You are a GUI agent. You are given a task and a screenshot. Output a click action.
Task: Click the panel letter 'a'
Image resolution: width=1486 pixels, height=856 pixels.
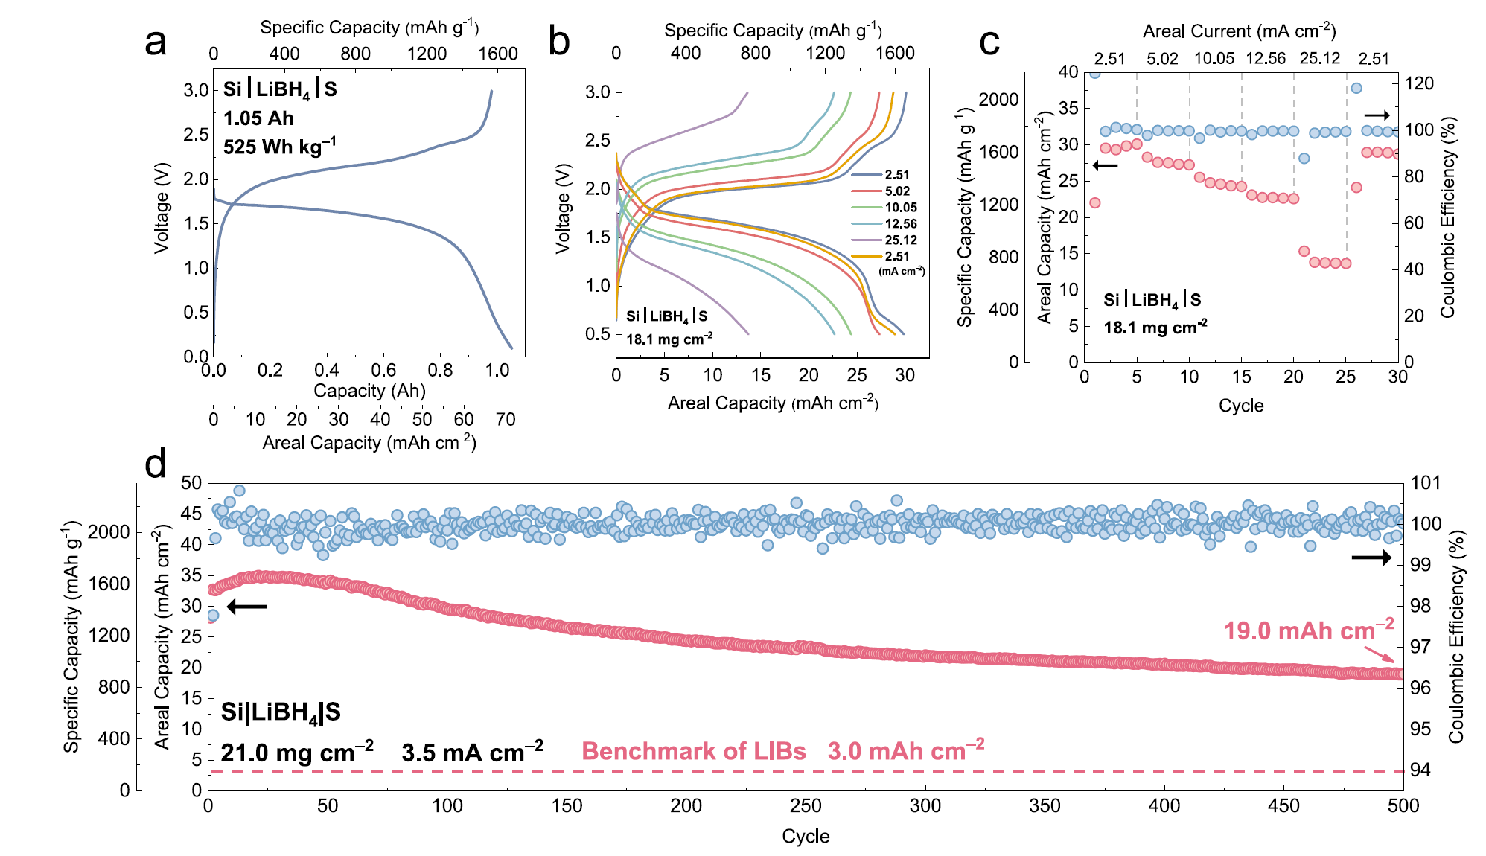[x=156, y=42]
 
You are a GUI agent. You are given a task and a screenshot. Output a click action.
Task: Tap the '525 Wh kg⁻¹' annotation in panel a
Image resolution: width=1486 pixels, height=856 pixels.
[x=279, y=146]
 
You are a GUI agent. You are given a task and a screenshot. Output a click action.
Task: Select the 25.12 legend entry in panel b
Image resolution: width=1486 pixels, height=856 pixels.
[x=901, y=240]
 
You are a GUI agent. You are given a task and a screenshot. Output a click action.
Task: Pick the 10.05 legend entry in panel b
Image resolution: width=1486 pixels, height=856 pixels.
[x=901, y=208]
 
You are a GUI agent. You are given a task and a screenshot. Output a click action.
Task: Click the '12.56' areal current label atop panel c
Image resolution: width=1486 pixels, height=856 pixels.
[x=1266, y=59]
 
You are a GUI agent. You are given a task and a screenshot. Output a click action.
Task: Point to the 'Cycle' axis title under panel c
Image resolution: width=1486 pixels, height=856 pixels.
[x=1241, y=406]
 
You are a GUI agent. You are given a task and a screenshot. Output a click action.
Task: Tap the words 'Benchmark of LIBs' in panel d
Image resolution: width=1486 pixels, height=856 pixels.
[x=693, y=751]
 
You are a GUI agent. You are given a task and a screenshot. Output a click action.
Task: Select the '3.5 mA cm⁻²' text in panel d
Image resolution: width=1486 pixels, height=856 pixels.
[x=472, y=752]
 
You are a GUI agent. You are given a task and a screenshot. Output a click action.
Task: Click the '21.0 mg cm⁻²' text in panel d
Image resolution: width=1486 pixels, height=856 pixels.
[x=296, y=752]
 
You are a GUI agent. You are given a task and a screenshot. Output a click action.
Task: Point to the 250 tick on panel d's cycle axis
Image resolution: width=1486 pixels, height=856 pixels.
[x=806, y=806]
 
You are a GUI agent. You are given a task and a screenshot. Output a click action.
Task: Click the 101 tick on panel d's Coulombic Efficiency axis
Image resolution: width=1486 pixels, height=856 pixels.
[x=1426, y=483]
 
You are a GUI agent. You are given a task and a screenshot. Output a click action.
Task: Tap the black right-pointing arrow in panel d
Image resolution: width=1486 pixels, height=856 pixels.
[x=1371, y=558]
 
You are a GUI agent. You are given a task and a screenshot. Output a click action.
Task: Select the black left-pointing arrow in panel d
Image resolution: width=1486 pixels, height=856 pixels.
[x=246, y=607]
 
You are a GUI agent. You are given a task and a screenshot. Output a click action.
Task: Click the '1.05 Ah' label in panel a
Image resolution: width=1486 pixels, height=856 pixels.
[x=258, y=118]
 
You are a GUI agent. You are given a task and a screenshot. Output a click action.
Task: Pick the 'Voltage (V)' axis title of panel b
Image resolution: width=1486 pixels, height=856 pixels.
[x=564, y=208]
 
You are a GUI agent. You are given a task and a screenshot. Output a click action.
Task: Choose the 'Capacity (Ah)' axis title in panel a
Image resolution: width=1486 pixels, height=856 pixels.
[x=369, y=391]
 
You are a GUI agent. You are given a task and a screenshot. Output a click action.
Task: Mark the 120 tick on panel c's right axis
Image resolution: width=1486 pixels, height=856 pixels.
[x=1419, y=83]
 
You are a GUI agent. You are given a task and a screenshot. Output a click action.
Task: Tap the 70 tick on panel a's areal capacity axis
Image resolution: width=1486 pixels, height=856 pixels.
[x=506, y=420]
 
